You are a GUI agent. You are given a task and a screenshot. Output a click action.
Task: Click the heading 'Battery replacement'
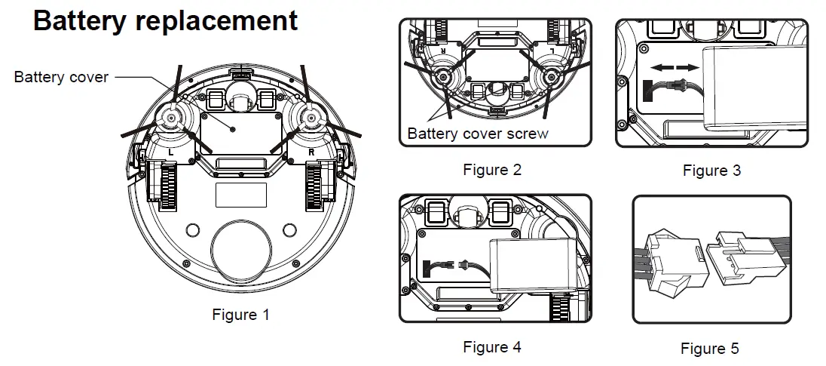click(x=165, y=20)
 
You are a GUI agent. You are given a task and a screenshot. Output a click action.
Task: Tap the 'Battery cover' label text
click(x=61, y=77)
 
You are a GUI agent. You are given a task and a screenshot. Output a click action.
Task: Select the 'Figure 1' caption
click(x=240, y=314)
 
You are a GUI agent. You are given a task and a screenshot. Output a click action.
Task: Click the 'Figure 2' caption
click(x=491, y=170)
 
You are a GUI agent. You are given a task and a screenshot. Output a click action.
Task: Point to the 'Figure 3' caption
click(x=711, y=171)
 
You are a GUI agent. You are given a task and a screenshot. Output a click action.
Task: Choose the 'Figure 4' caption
click(x=491, y=347)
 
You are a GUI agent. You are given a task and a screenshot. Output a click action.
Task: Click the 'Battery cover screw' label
click(x=478, y=134)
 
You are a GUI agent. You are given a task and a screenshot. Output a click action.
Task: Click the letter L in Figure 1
click(x=171, y=152)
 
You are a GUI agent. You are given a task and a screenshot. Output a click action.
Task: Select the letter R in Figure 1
click(x=311, y=152)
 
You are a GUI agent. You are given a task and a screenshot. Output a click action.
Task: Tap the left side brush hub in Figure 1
click(x=171, y=117)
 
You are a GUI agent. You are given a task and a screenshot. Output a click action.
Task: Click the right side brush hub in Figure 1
click(x=309, y=117)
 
